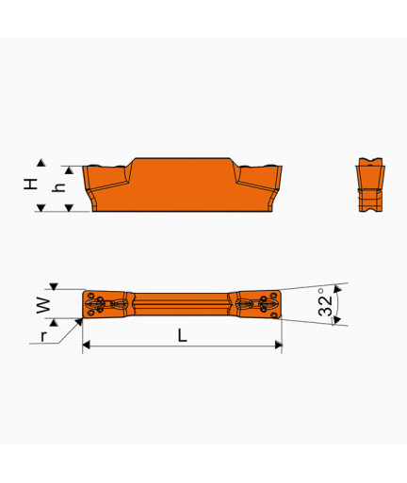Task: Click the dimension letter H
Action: tap(31, 184)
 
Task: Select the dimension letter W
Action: tap(43, 305)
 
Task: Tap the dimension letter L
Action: tap(183, 335)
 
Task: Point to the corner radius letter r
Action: tap(43, 336)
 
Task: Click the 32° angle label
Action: tap(325, 302)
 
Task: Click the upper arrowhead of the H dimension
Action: tap(41, 163)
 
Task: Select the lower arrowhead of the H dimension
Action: tap(41, 207)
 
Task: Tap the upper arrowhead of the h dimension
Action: tap(69, 170)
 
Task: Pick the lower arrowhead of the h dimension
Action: tap(69, 207)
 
